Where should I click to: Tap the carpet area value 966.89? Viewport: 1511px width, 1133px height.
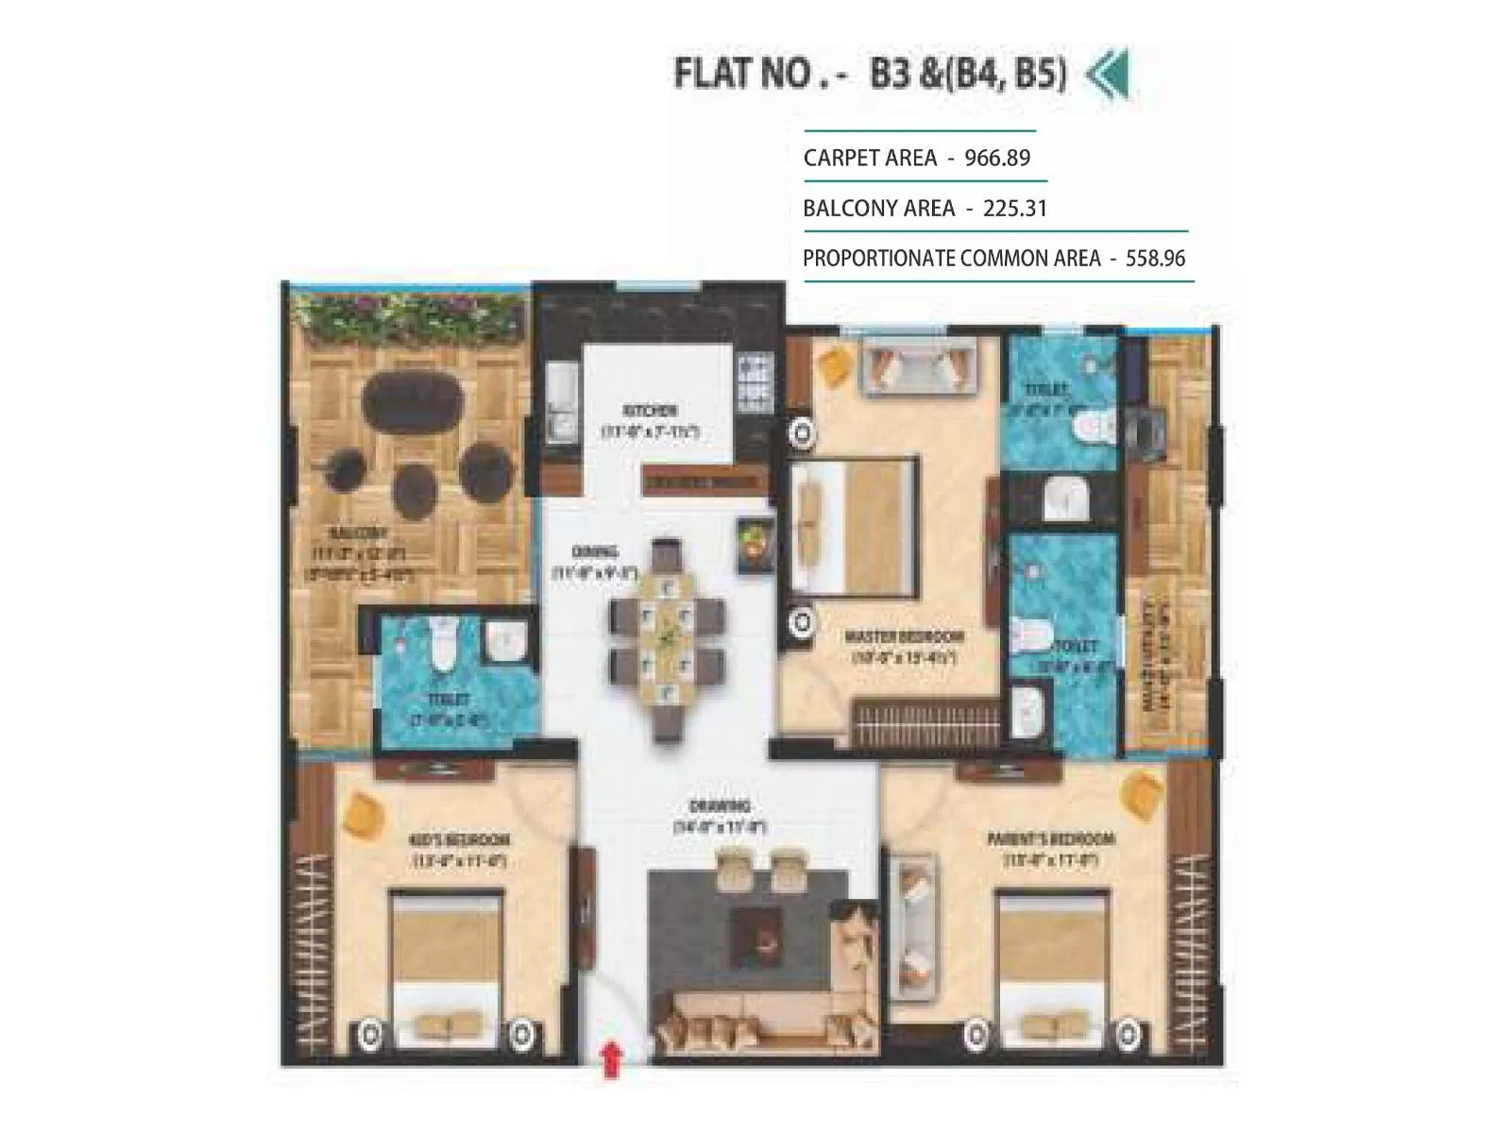996,158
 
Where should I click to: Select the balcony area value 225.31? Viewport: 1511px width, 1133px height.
1015,208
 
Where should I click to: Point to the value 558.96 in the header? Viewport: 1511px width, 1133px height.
1155,258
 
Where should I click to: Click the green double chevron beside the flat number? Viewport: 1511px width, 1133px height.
1107,76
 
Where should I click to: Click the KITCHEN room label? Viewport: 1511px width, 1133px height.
650,411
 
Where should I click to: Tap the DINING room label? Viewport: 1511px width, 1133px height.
595,552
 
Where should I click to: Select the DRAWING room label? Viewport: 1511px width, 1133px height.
720,806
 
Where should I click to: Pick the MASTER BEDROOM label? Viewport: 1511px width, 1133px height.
905,636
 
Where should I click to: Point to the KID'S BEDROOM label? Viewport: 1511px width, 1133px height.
460,840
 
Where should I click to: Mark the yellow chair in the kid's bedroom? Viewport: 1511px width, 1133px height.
362,810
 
